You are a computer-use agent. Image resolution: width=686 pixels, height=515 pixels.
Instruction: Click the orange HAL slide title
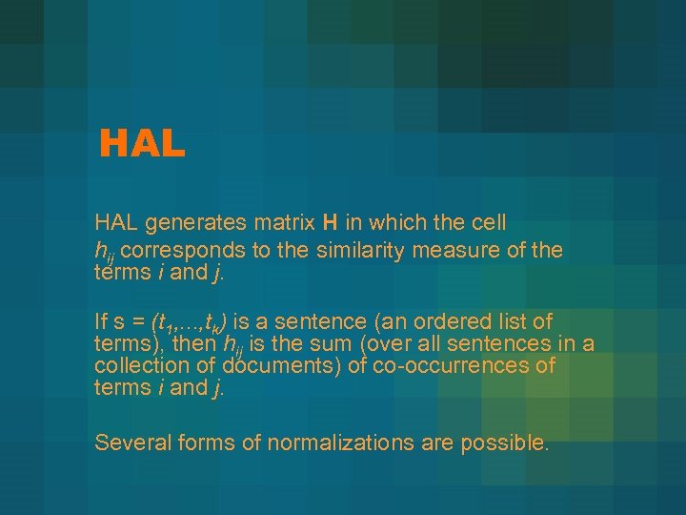click(x=142, y=144)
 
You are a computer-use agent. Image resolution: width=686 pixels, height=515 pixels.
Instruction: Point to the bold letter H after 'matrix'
click(x=330, y=223)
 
